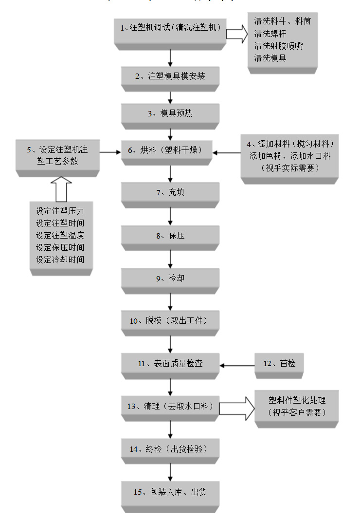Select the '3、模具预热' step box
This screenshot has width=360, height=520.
[170, 113]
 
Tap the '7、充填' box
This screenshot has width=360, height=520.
[170, 192]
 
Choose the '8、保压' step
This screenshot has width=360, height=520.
[170, 236]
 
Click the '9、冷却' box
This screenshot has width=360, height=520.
[170, 279]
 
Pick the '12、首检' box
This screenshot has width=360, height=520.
[279, 363]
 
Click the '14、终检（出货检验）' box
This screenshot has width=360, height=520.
[170, 449]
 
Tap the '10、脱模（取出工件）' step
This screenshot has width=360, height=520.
[170, 321]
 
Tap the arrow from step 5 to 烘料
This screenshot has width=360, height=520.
[110, 152]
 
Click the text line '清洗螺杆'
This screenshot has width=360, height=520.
[270, 34]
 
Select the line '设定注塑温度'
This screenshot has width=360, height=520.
[60, 235]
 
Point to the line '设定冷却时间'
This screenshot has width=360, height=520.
[60, 260]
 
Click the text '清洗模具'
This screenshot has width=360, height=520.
[270, 58]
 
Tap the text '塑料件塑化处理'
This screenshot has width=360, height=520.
[297, 400]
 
